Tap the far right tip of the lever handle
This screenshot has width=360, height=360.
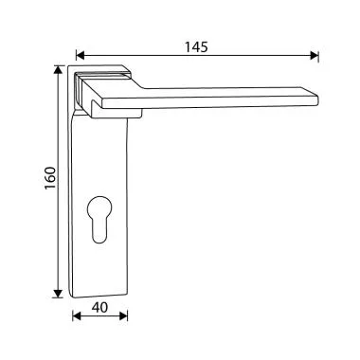click(x=319, y=95)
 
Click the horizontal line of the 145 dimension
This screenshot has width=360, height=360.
click(x=196, y=56)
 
